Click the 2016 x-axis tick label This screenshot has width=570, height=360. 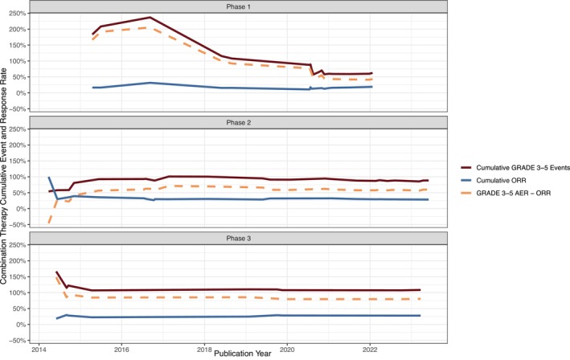pyautogui.click(x=121, y=350)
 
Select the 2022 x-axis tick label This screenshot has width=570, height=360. pyautogui.click(x=370, y=350)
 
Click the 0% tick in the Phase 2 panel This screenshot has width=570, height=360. pyautogui.click(x=22, y=208)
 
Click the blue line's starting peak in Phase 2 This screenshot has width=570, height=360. pyautogui.click(x=49, y=177)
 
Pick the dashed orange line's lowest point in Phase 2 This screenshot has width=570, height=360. pyautogui.click(x=49, y=223)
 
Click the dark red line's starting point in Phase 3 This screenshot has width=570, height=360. pyautogui.click(x=56, y=272)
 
